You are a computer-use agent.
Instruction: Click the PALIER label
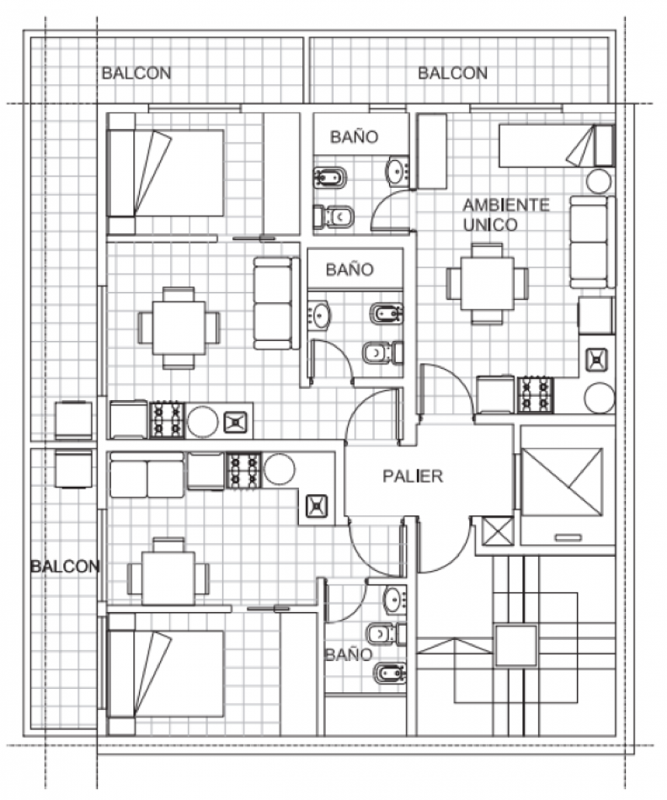click(x=413, y=476)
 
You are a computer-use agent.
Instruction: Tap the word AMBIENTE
click(x=506, y=205)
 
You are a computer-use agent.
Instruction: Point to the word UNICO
click(x=490, y=225)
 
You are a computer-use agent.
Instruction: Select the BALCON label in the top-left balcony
click(x=136, y=73)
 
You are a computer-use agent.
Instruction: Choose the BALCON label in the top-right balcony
click(x=452, y=73)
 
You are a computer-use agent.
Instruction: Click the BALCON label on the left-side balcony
click(x=65, y=566)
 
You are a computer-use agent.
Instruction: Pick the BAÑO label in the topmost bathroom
click(x=355, y=136)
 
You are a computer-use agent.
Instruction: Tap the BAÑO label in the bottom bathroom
click(x=349, y=654)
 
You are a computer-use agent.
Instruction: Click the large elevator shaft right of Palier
click(x=562, y=483)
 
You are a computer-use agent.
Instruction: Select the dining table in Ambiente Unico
click(x=487, y=284)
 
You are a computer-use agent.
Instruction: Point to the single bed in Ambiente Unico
click(x=557, y=146)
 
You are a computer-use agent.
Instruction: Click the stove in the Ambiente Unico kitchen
click(x=536, y=394)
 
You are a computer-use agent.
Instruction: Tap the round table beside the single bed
click(x=598, y=181)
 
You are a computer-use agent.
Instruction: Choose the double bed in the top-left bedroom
click(x=165, y=173)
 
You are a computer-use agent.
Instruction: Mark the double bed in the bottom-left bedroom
click(x=165, y=674)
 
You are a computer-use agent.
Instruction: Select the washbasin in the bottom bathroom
click(x=394, y=600)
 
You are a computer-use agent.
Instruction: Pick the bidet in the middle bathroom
click(x=387, y=313)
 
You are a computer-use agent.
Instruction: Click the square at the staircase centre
click(x=516, y=645)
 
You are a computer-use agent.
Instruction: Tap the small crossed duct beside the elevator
click(x=498, y=531)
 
